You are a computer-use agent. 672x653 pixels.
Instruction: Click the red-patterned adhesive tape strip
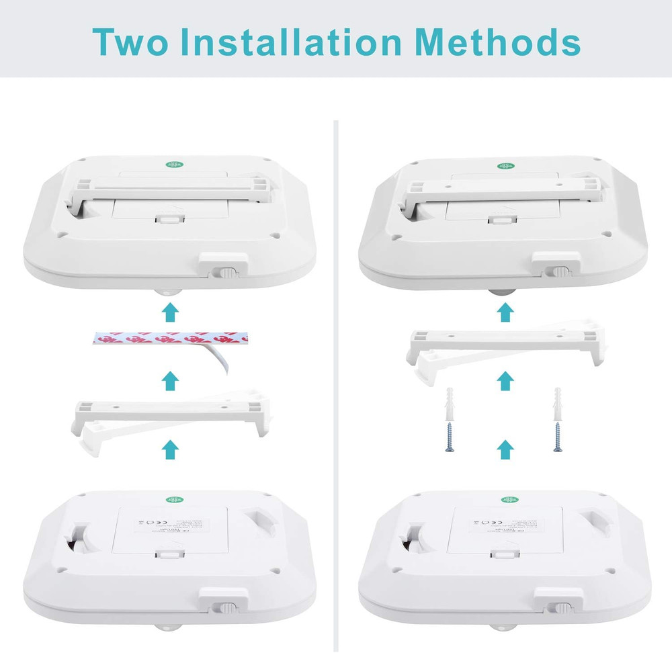coord(165,341)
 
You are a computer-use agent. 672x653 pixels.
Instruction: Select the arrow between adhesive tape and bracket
coord(171,380)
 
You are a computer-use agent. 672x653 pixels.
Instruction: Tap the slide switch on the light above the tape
coord(226,273)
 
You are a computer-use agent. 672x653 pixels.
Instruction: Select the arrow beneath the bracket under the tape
coord(171,448)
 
